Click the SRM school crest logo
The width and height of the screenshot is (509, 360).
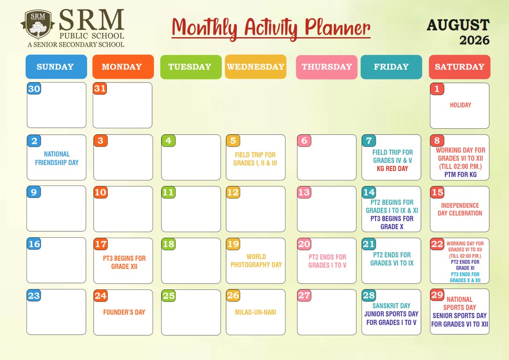tap(37, 25)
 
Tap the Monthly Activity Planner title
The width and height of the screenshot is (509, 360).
tap(271, 29)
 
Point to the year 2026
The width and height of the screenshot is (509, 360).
tap(474, 40)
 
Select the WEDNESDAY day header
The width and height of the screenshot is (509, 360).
tap(256, 67)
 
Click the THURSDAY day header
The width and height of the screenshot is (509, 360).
tap(327, 67)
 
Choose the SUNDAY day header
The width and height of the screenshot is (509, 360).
tap(56, 67)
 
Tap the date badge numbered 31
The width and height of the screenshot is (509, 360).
tap(100, 89)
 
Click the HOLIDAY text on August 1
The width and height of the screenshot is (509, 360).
tap(460, 105)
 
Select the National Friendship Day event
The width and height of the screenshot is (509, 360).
tap(57, 159)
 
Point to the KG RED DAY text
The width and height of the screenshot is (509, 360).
tap(392, 169)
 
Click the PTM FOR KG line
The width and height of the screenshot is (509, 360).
tap(460, 174)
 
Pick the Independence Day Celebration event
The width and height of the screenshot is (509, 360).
tap(460, 210)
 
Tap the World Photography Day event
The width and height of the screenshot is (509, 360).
tap(256, 261)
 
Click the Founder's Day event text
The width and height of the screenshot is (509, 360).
tap(124, 312)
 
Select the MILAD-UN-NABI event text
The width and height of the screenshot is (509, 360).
tap(256, 312)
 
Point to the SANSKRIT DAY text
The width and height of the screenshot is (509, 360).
tap(391, 306)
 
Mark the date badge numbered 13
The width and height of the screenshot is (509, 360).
tap(304, 192)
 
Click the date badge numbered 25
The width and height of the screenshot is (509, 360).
tap(168, 296)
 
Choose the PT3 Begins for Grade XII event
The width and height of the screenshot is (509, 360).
tap(124, 262)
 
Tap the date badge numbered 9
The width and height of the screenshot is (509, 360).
tap(34, 192)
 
